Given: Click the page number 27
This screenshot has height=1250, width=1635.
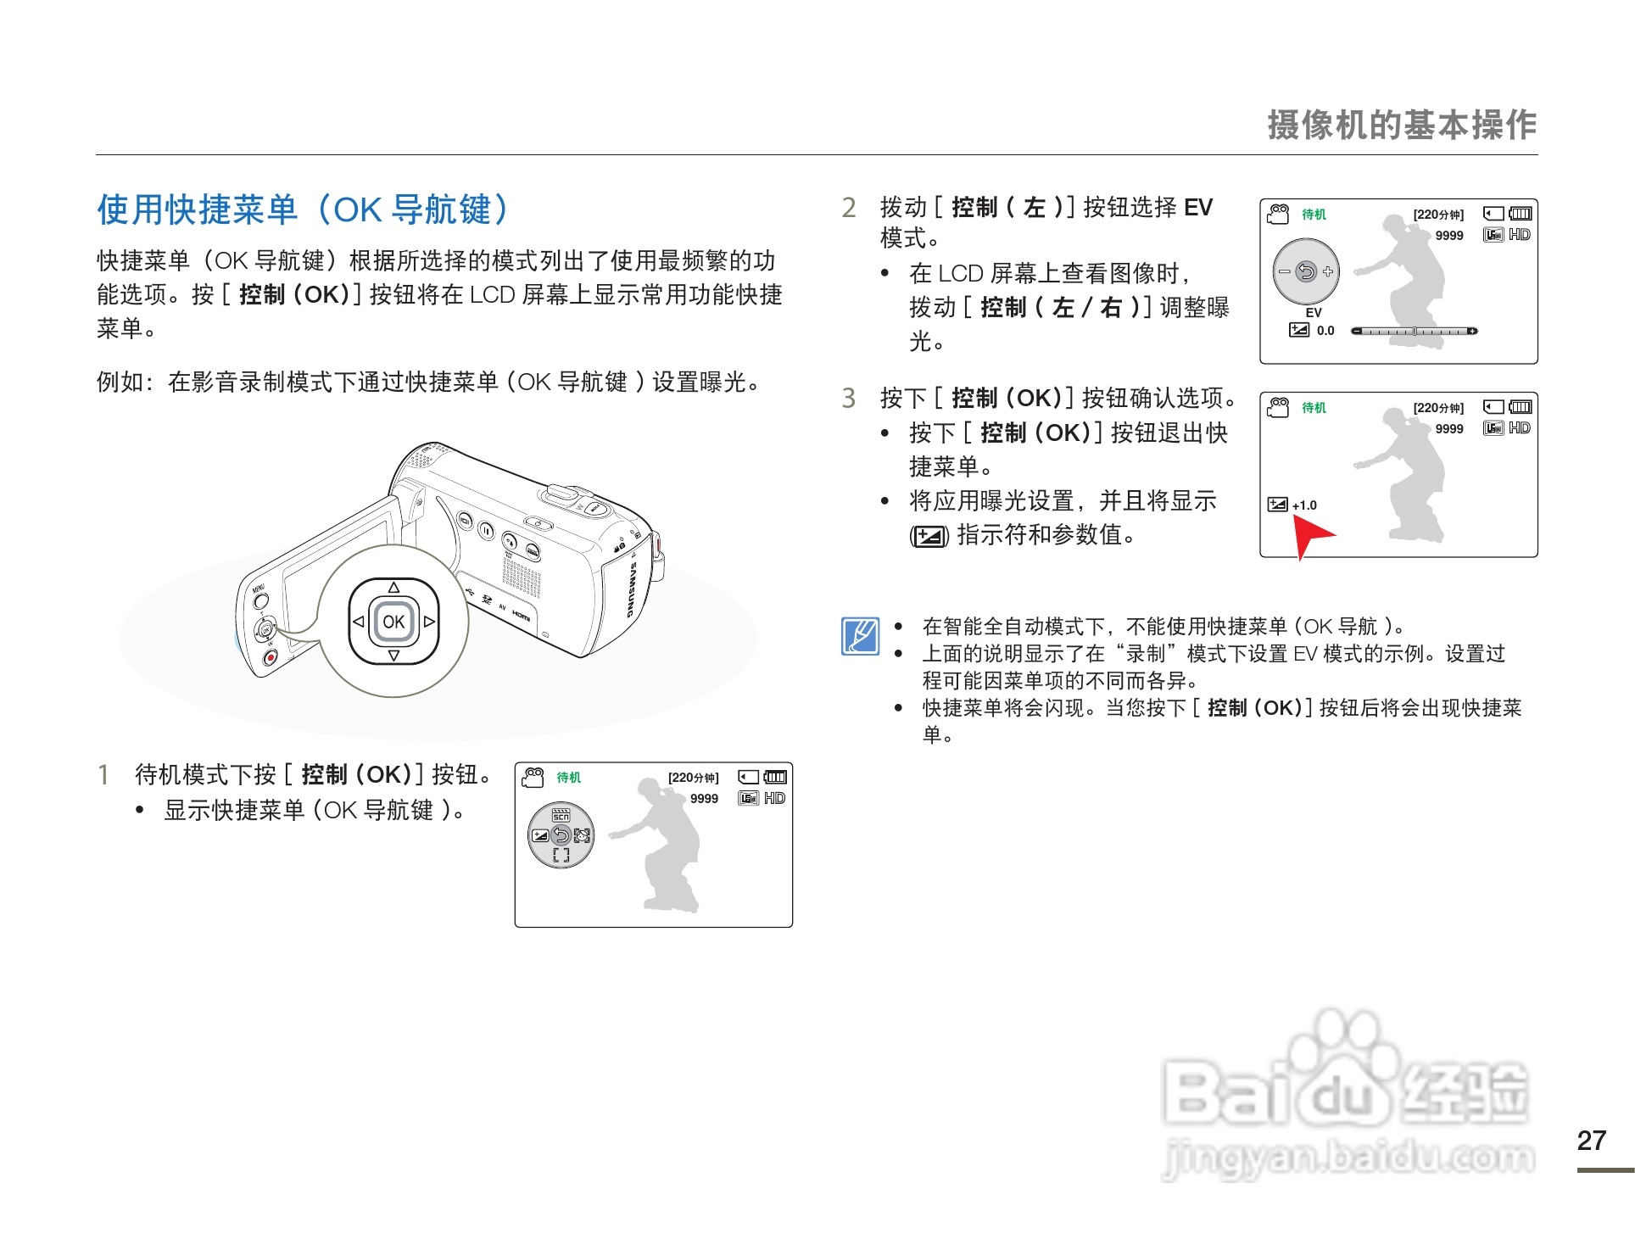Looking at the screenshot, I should [x=1591, y=1141].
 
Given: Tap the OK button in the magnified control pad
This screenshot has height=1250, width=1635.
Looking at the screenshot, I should [x=393, y=622].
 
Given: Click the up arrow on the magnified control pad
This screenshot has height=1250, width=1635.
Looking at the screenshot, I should [x=393, y=587].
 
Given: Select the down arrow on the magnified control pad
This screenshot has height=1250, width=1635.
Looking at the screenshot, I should [x=393, y=656].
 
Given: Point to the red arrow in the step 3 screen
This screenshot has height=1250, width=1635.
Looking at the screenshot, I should [x=1310, y=534].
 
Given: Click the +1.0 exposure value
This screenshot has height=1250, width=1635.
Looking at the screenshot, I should [x=1304, y=505].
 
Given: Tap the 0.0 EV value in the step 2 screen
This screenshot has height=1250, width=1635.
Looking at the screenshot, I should [x=1325, y=331].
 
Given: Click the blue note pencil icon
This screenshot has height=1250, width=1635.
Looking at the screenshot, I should [x=860, y=636].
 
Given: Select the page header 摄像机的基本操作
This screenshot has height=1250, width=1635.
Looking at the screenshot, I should [x=1401, y=126].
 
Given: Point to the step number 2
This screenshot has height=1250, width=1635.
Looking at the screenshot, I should [x=849, y=208].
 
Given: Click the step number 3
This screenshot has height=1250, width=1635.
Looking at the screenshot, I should [x=849, y=398].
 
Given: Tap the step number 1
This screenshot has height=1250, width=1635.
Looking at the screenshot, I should [x=103, y=774].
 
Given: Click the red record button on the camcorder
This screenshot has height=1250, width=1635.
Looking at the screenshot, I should [x=270, y=657].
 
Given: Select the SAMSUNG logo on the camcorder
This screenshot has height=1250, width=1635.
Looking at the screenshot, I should [x=631, y=589].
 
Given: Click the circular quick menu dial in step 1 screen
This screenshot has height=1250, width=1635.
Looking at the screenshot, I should [x=561, y=835].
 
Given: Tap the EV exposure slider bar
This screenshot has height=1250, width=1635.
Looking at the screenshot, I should [x=1414, y=331].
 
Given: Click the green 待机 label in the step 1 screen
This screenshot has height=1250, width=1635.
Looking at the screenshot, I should [x=568, y=778].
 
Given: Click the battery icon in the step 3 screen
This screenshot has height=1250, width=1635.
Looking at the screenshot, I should [x=1521, y=407].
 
